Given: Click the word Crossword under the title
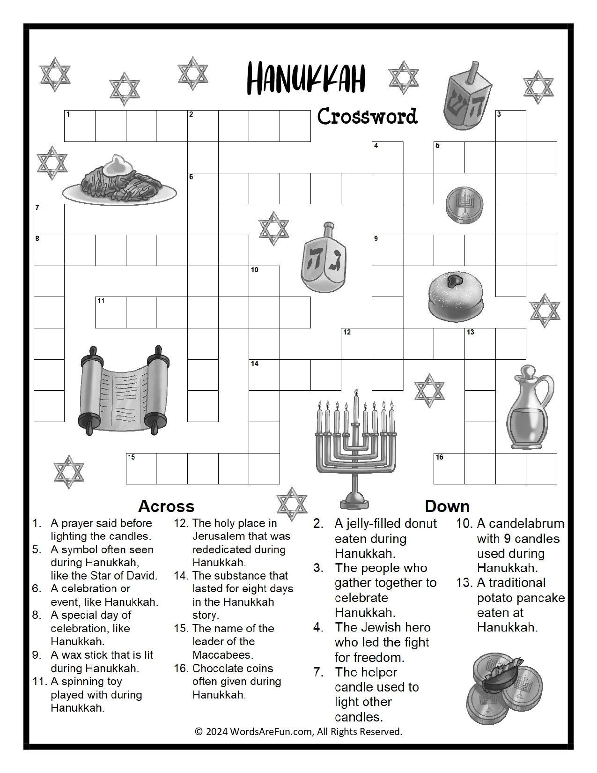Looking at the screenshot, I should pos(367,117).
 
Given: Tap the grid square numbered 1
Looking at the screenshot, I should pos(80,126).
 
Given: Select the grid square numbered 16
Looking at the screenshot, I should pos(449,468).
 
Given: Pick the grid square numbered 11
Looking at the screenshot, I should pos(111,312).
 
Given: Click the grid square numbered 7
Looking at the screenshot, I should pos(49,219).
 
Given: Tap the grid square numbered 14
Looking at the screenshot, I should pos(264,374).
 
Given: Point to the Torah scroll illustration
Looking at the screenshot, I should pos(125,388).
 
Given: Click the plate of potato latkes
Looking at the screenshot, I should pos(120,183).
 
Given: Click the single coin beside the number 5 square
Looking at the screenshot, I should pos(464,205).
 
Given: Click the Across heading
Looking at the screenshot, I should pos(166,506).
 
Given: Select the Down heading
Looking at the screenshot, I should pos(447,506).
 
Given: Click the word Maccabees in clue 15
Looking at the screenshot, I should pos(222,654).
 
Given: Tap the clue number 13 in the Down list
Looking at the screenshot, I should pos(464,583).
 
